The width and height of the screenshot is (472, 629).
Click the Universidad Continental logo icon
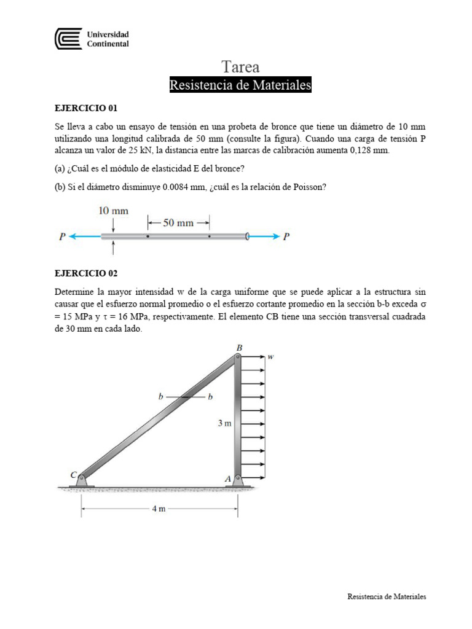coord(68,39)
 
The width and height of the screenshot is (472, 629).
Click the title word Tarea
coord(240,67)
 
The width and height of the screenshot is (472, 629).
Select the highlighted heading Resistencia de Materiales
coord(240,85)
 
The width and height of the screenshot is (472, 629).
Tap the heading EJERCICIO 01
coord(86,107)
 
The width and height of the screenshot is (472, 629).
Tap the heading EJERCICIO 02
coord(86,273)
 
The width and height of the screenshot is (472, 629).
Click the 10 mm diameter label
coord(114,211)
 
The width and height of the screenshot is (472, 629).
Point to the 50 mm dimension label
coord(177,223)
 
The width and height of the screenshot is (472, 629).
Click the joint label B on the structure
coord(239,348)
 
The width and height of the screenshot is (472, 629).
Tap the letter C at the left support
coord(74,474)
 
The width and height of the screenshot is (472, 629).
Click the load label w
coord(270,356)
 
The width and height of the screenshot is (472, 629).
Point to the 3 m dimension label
coord(224,423)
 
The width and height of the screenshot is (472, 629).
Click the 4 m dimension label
coord(159,509)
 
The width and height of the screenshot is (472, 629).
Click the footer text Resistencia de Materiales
coord(387,596)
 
